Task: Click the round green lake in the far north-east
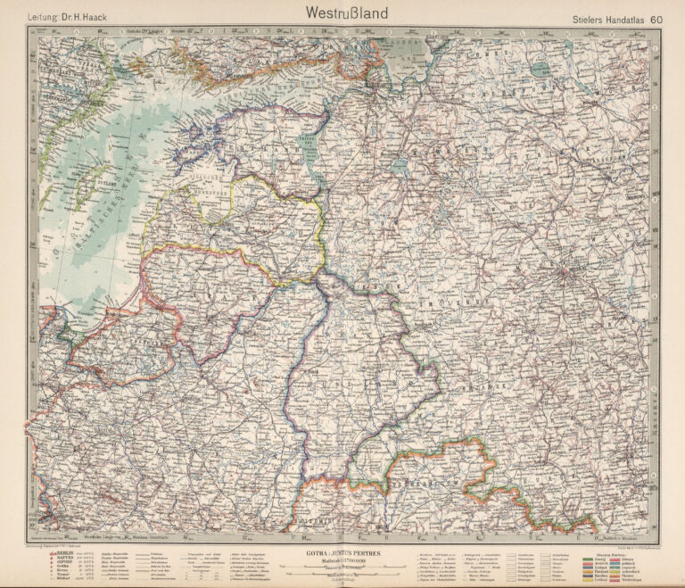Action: [x=541, y=69]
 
